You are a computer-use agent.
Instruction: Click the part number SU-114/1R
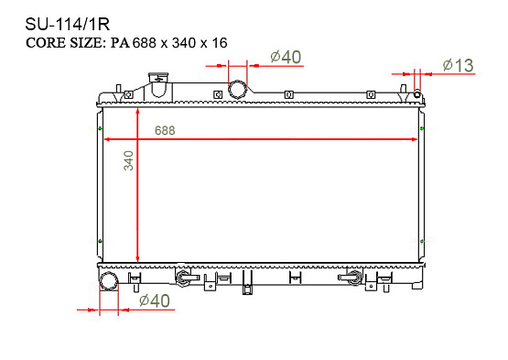coord(68,25)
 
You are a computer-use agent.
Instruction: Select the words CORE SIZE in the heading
coord(66,43)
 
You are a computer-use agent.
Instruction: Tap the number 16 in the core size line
coord(220,43)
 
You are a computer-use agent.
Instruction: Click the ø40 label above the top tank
coord(286,57)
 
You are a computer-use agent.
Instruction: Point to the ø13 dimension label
coord(458,66)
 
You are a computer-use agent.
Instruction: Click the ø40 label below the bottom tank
coord(155,301)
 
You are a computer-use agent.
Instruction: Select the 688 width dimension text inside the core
coord(165,130)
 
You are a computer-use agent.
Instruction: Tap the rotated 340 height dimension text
coord(129,160)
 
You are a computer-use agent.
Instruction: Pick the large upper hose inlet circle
coord(238,90)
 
